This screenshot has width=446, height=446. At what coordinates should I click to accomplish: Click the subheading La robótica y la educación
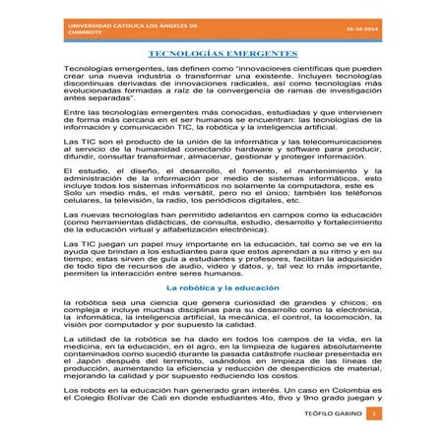[222, 287]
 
